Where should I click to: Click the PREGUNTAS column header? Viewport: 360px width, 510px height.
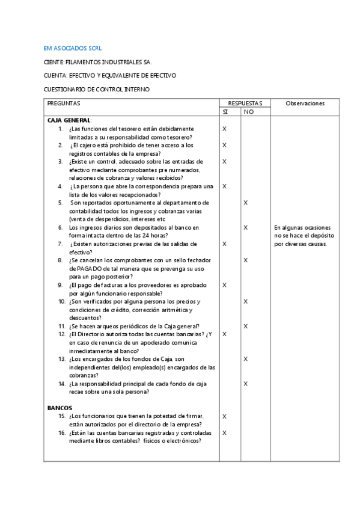[64, 103]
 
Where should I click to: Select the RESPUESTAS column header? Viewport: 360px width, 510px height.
[245, 103]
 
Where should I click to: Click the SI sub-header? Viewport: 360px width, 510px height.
[225, 112]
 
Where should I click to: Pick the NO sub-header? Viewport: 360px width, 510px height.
[248, 112]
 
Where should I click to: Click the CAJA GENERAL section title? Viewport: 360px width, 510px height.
[69, 120]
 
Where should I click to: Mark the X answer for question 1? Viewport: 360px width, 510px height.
[224, 129]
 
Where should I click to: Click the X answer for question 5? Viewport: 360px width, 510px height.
[245, 203]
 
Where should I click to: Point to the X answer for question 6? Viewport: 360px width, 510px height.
[245, 227]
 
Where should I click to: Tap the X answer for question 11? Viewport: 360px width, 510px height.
[245, 326]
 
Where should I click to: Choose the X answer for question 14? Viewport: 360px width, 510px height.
[245, 383]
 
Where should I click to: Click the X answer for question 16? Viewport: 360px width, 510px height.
[224, 432]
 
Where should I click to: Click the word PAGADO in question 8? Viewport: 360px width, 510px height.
[91, 268]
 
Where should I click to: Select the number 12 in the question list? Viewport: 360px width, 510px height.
[62, 334]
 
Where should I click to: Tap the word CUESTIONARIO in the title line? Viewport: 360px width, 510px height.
[66, 90]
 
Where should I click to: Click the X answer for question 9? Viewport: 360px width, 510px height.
[224, 284]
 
